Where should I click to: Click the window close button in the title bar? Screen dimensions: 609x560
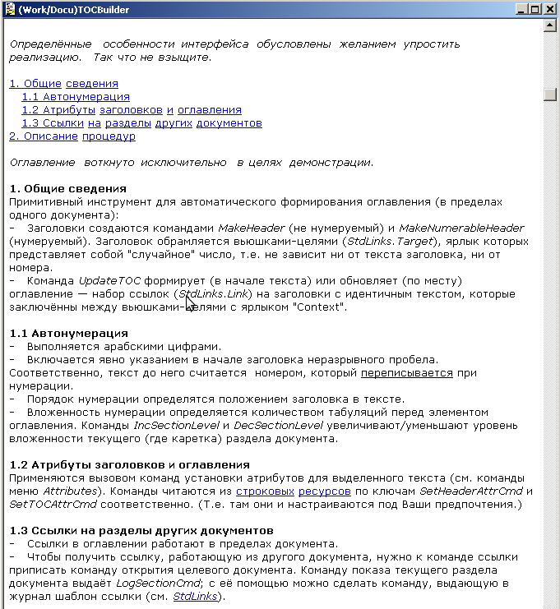point(550,9)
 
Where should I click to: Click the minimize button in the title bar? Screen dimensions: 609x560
point(522,9)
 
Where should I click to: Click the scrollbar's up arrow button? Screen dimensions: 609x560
point(550,25)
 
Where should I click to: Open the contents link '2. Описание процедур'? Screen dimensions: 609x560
point(72,136)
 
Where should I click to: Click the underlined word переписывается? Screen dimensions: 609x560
point(406,372)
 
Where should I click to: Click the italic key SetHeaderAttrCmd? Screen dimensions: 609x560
point(477,491)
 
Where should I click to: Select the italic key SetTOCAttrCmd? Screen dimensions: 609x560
point(49,504)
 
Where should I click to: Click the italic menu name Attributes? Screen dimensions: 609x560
point(73,491)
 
